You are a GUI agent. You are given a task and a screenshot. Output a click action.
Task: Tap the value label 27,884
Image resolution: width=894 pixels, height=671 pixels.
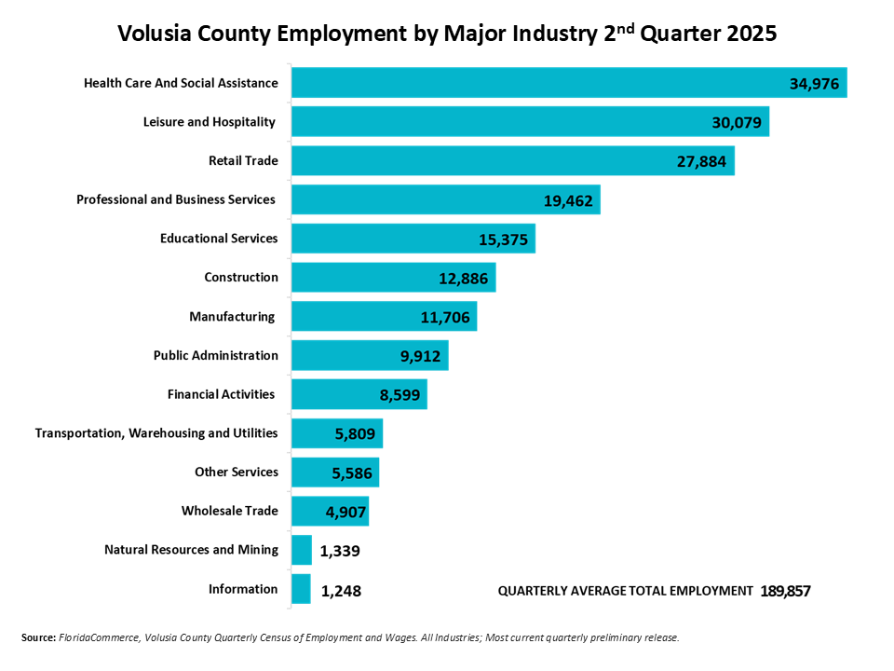pyautogui.click(x=705, y=161)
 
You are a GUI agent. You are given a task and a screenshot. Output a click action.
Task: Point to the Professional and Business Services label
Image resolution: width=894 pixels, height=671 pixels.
pyautogui.click(x=176, y=199)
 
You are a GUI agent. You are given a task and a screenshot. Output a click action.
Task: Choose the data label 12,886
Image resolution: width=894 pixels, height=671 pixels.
pyautogui.click(x=464, y=278)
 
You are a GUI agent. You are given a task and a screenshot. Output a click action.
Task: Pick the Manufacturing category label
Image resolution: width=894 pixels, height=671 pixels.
pyautogui.click(x=232, y=317)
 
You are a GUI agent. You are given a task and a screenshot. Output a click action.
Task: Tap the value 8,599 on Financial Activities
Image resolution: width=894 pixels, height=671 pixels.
pyautogui.click(x=400, y=395)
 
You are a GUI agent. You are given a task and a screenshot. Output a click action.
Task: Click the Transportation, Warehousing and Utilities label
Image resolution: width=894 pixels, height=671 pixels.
pyautogui.click(x=156, y=433)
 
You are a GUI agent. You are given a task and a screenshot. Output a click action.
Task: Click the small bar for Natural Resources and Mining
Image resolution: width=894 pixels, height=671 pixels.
pyautogui.click(x=302, y=550)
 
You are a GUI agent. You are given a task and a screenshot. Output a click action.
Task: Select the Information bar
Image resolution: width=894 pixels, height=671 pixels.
pyautogui.click(x=301, y=589)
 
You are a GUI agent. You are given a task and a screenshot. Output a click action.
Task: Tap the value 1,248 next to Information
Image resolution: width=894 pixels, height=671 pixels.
pyautogui.click(x=341, y=591)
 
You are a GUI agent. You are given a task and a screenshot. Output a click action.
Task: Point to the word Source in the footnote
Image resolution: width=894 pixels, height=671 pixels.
pyautogui.click(x=38, y=637)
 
